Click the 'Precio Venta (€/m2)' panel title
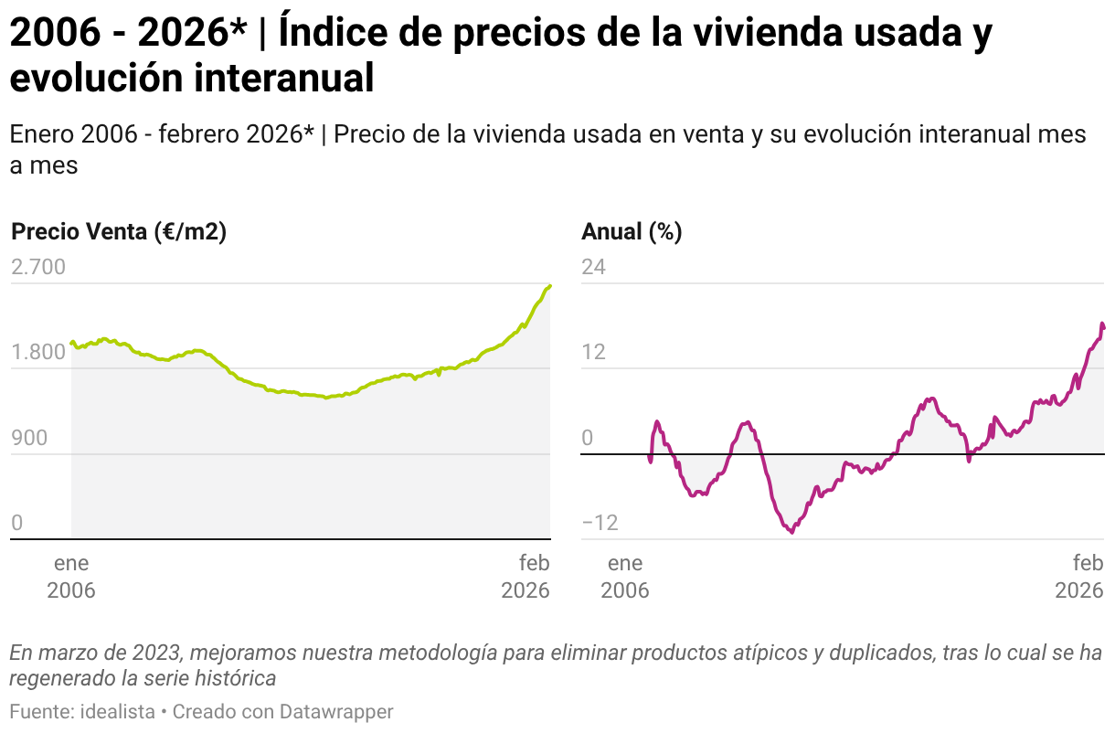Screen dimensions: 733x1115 (x=119, y=232)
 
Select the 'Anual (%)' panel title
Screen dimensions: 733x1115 (x=632, y=232)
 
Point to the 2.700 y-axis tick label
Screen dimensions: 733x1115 (x=38, y=267)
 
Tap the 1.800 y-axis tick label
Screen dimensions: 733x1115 (x=38, y=353)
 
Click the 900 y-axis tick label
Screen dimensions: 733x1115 (x=29, y=438)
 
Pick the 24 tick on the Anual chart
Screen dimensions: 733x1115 (x=594, y=267)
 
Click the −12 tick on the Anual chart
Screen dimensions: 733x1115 (x=600, y=524)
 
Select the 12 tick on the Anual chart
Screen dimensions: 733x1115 (x=594, y=353)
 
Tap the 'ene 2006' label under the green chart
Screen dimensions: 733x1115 (x=71, y=576)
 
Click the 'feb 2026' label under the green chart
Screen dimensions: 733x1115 (x=526, y=576)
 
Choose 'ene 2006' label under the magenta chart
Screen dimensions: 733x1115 (x=625, y=576)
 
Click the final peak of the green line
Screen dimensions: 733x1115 (x=549, y=286)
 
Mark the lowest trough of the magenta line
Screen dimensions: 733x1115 (x=791, y=532)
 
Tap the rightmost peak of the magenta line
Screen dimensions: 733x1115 (x=1102, y=324)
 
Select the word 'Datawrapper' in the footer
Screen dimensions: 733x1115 (x=336, y=711)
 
